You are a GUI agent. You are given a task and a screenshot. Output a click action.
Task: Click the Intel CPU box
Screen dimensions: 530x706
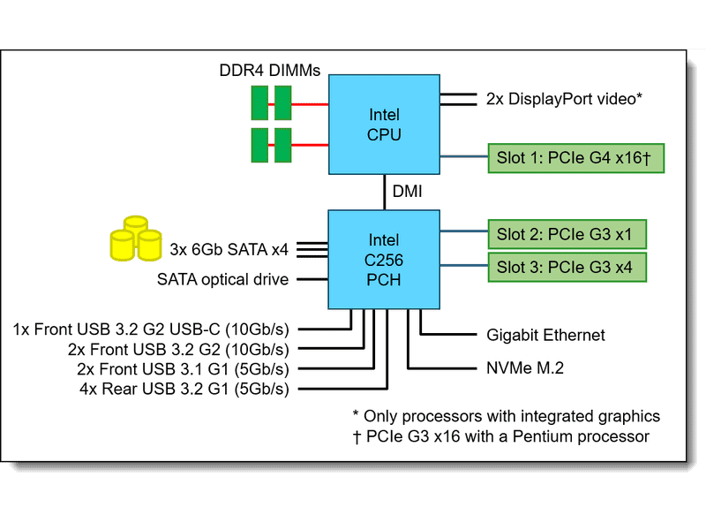point(384,125)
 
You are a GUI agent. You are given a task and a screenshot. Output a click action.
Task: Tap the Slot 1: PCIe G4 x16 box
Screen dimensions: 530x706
point(574,159)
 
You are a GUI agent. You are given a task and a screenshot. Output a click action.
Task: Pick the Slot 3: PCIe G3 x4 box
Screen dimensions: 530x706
point(566,267)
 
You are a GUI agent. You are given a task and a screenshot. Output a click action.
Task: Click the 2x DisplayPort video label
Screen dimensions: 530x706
point(563,99)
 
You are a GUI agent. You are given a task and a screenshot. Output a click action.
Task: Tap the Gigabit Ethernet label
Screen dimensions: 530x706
point(545,335)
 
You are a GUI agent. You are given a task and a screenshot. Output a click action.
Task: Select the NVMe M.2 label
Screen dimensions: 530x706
point(526,367)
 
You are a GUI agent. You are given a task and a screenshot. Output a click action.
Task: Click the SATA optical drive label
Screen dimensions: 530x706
point(222,280)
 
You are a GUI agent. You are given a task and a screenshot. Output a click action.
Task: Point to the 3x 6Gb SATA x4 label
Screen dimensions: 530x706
point(229,249)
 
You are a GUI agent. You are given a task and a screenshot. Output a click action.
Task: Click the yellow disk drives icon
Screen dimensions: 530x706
point(135,237)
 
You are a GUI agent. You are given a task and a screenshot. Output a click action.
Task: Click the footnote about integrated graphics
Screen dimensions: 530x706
point(506,415)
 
